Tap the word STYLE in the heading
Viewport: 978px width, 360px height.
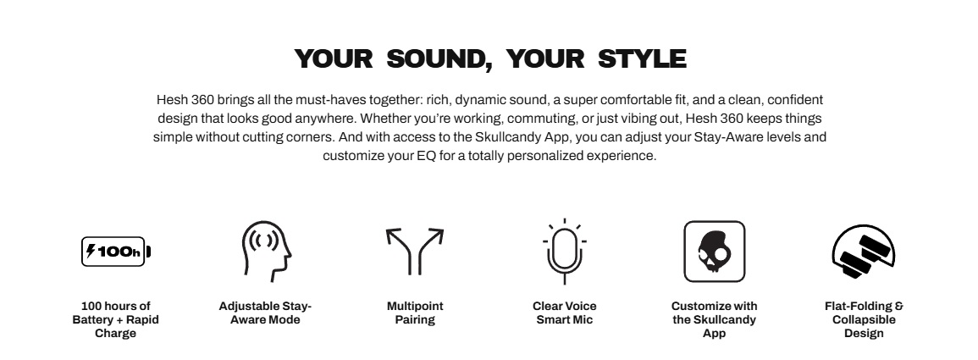point(642,58)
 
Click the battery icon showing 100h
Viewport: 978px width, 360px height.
point(116,252)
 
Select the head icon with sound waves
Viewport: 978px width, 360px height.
point(267,252)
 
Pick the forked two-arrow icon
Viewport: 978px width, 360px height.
point(415,252)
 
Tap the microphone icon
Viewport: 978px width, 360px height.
point(565,252)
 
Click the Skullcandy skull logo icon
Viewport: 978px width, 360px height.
point(714,252)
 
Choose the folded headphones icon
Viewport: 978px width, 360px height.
point(864,252)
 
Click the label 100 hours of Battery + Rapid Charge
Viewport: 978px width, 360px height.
point(116,319)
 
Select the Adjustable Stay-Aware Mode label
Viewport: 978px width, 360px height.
point(265,313)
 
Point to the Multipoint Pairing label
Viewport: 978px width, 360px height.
point(415,313)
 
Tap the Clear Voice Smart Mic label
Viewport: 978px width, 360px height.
point(565,313)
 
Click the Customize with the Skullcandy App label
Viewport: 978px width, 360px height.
point(714,319)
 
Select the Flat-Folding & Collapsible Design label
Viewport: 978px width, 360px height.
point(864,319)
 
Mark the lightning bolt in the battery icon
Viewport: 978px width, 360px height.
point(91,252)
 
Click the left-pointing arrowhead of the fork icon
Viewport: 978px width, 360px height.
point(394,235)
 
